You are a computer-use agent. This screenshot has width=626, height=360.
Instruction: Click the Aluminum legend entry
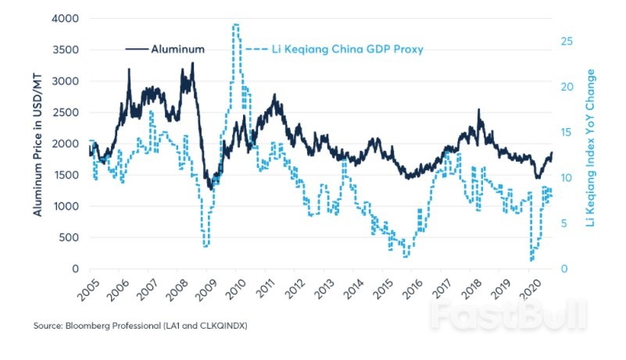178,48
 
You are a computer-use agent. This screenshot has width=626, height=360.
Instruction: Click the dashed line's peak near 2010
235,25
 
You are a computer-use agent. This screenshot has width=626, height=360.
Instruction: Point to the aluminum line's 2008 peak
192,63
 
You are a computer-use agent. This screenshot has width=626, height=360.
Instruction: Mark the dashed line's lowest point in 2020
531,260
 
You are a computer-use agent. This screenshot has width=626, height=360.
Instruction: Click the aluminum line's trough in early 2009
209,190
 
